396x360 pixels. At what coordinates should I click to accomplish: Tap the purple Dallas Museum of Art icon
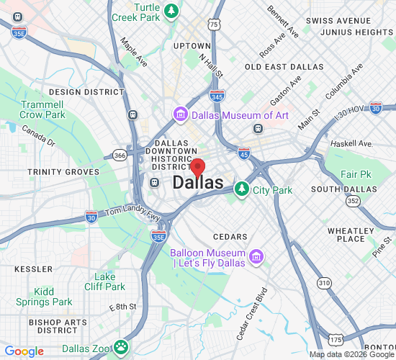(x=180, y=115)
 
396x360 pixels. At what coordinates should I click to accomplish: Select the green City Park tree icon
(x=242, y=189)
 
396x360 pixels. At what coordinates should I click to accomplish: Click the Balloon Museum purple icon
(x=255, y=257)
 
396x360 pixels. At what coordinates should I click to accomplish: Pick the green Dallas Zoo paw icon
(x=120, y=348)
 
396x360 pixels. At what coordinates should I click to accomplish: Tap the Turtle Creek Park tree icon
(x=171, y=10)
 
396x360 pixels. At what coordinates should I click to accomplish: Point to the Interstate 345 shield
(x=217, y=94)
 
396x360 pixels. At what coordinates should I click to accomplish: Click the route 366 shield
(x=120, y=155)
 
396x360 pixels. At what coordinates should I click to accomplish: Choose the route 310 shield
(x=325, y=283)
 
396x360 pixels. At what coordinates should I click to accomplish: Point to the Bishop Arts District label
(x=57, y=325)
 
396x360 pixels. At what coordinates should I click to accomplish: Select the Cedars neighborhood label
(x=230, y=236)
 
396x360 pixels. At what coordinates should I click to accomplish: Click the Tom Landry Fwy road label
(x=124, y=212)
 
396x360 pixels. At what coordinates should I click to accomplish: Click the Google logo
(x=24, y=351)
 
